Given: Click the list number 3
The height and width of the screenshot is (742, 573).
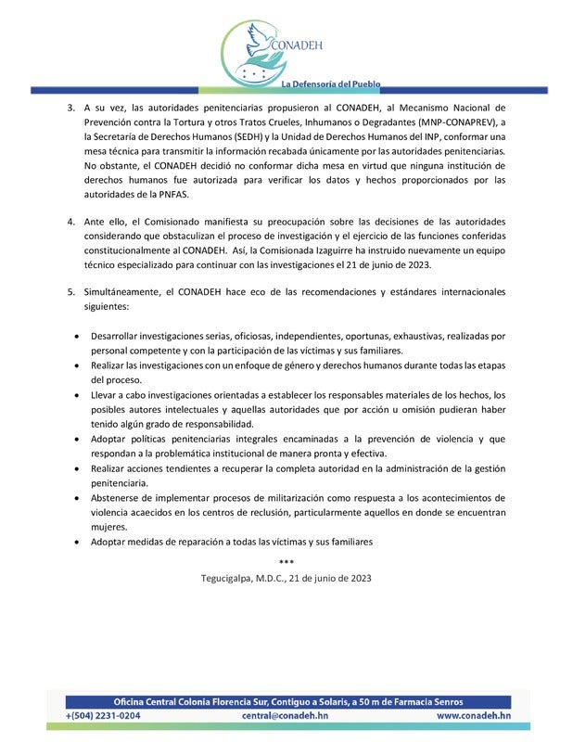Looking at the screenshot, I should point(71,107).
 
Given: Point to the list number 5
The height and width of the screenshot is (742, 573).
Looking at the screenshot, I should point(71,292).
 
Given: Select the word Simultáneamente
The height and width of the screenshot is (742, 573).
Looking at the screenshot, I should point(122,292).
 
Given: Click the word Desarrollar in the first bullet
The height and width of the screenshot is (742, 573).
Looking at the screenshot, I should point(117,335).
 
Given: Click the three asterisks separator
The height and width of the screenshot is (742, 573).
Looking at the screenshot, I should point(286,561).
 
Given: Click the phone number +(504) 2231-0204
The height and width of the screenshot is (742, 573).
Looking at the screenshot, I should point(104,716).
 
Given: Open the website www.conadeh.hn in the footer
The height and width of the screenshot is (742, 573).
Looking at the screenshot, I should point(473,716).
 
